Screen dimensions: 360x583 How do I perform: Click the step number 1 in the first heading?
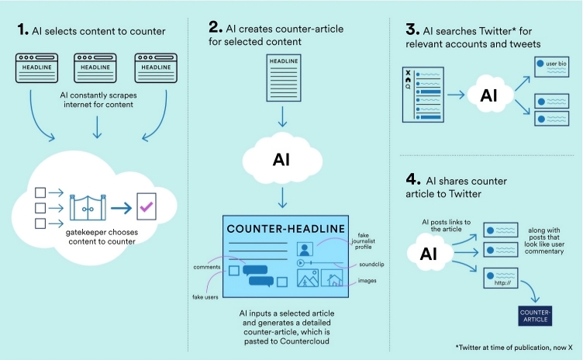22,31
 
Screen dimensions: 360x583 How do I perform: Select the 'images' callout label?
367,281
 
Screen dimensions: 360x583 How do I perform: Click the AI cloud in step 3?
488,95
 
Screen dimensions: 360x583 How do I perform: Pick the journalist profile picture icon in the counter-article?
305,250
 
